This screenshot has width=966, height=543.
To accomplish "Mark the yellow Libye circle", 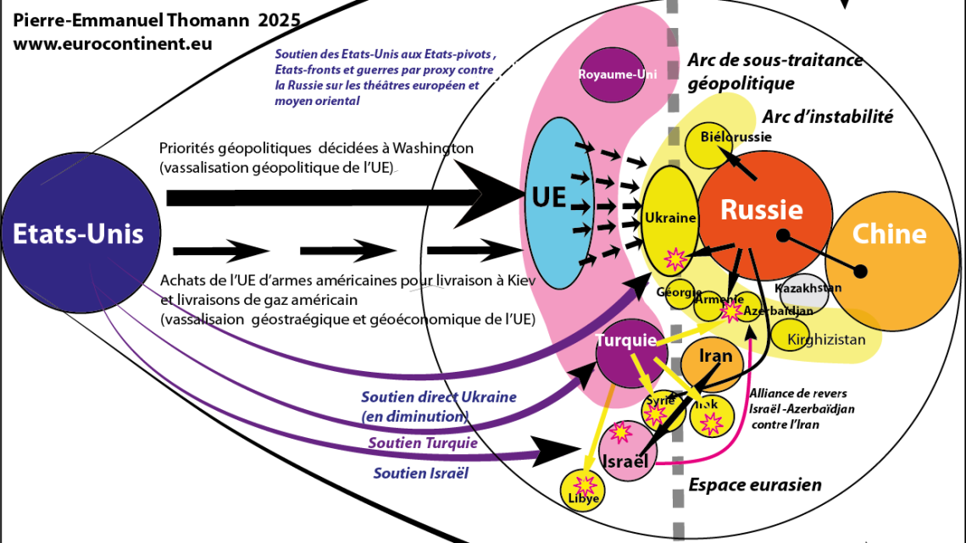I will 584,489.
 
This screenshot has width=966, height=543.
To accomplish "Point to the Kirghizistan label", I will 826,341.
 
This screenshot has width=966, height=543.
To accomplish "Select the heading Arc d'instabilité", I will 828,117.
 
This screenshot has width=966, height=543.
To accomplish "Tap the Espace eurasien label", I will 755,485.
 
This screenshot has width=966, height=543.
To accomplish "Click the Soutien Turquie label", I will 423,443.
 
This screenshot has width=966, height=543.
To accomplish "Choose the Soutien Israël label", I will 420,473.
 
